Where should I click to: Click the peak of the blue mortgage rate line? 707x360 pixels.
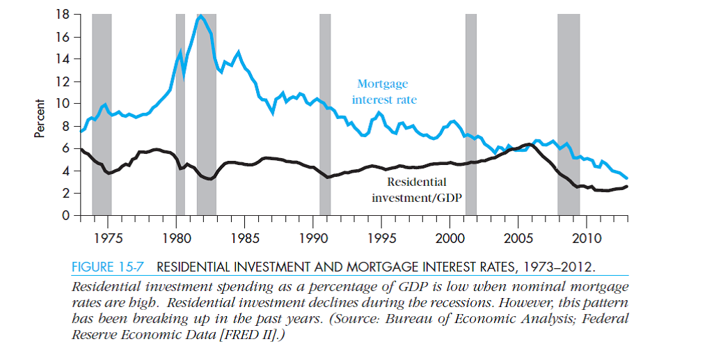tap(200, 16)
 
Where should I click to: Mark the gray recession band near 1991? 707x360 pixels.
tap(325, 115)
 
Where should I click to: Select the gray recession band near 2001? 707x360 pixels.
tap(471, 115)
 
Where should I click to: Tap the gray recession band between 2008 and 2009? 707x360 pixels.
tap(569, 115)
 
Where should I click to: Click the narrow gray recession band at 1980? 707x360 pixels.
tap(180, 115)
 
